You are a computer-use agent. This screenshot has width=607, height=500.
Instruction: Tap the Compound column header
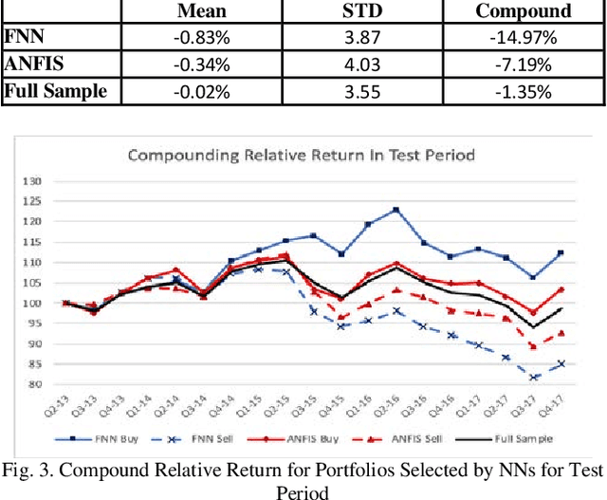pos(523,11)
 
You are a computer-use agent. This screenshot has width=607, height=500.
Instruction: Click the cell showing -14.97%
pos(523,38)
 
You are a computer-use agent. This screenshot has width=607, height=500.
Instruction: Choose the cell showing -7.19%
pos(523,65)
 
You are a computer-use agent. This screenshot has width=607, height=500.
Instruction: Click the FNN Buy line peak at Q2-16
pos(395,210)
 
